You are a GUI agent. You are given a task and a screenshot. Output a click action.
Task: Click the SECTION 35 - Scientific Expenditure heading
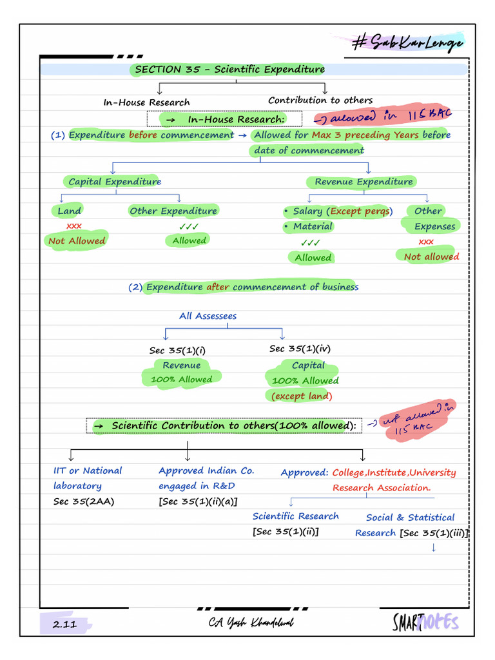[x=229, y=70]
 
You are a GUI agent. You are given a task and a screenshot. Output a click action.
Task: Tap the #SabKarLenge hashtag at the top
[x=407, y=44]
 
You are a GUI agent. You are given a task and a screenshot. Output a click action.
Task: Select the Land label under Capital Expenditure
[x=69, y=211]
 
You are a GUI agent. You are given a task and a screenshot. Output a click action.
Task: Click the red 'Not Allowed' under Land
[x=76, y=240]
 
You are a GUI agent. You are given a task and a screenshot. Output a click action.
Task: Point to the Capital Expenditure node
[x=115, y=182]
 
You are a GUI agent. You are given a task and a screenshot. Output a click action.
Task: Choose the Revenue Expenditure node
[x=364, y=182]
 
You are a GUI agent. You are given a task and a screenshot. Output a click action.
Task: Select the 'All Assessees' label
[x=208, y=316]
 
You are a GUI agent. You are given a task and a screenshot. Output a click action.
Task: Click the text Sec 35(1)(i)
[x=177, y=350]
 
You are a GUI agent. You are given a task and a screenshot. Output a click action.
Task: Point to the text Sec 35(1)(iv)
[x=300, y=349]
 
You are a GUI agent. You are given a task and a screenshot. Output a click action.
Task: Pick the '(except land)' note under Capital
[x=302, y=396]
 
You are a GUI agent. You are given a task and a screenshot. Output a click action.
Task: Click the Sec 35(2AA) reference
[x=84, y=501]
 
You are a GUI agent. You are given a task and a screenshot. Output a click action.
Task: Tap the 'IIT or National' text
[x=88, y=471]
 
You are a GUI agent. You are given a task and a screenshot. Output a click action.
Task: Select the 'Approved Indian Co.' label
[x=206, y=471]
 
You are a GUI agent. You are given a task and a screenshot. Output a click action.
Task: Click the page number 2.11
[x=64, y=624]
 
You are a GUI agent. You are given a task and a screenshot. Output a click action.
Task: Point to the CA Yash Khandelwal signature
[x=251, y=623]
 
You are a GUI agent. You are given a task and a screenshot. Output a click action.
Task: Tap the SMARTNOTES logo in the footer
[x=425, y=622]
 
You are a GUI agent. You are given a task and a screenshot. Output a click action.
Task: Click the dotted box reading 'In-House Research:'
[x=224, y=119]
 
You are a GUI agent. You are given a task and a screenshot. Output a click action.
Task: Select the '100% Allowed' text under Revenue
[x=181, y=380]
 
